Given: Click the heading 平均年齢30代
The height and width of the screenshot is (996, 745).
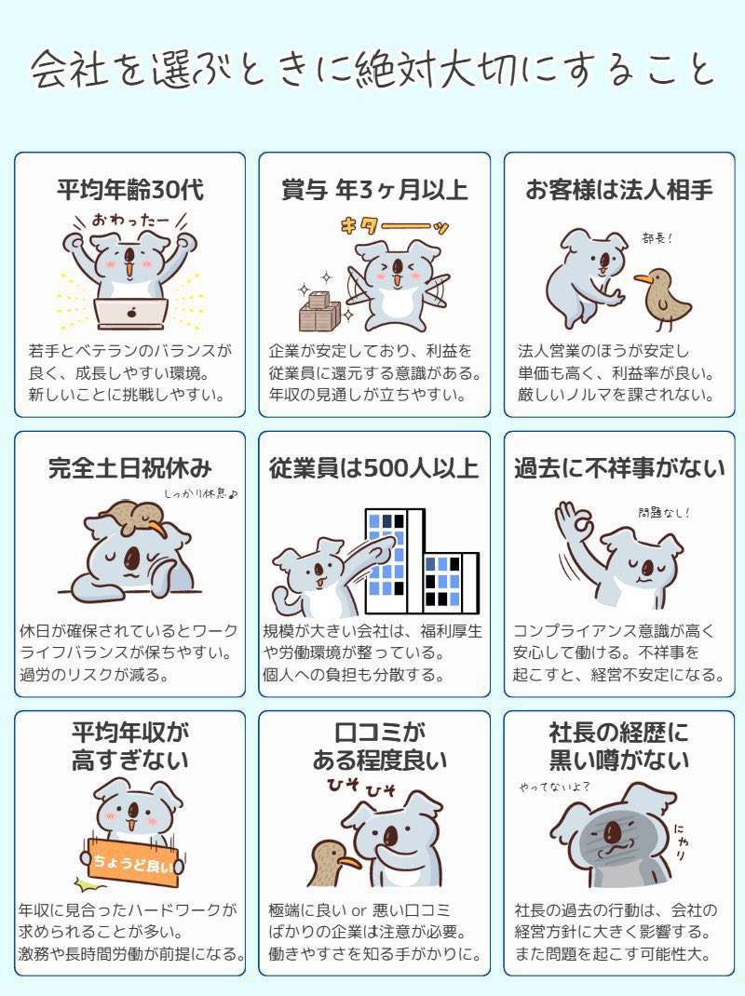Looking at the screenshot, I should click(130, 190).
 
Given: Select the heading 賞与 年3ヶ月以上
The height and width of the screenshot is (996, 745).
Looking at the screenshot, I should click(374, 190).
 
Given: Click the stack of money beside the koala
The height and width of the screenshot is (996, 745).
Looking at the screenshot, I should click(318, 311).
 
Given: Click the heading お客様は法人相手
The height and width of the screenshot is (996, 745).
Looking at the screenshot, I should click(619, 190).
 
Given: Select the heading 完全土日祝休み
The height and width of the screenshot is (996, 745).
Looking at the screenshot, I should click(130, 468).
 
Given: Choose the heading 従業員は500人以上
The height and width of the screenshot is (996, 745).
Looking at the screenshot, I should click(374, 468).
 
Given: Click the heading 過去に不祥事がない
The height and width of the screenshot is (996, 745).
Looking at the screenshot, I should click(619, 468).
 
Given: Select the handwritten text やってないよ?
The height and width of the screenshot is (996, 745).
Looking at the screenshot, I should click(556, 787).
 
